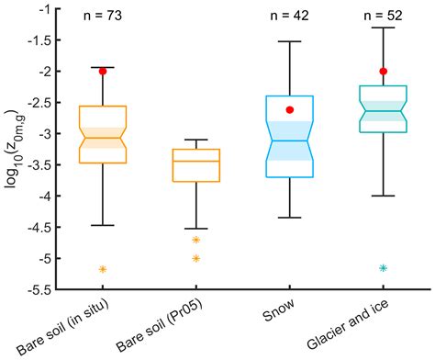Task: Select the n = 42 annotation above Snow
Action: (289, 16)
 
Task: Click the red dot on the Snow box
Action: (290, 109)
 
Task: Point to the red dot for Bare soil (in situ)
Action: (103, 71)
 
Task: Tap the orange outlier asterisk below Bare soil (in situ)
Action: (103, 269)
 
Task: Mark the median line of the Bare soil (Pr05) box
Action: (196, 161)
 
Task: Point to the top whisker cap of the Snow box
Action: (290, 41)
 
